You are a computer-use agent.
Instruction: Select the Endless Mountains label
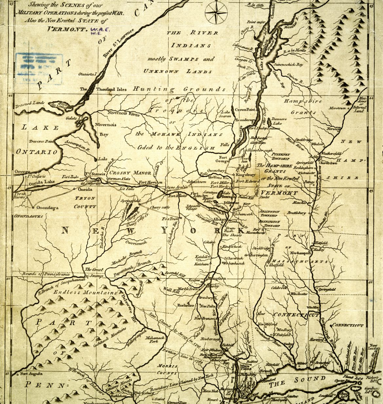click(x=85, y=292)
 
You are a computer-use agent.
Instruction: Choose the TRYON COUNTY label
click(x=85, y=202)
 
